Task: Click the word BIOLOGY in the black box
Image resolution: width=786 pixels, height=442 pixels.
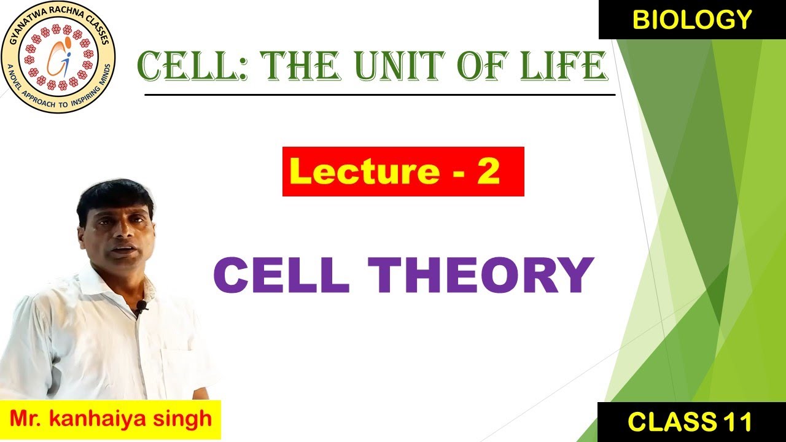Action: click(692, 20)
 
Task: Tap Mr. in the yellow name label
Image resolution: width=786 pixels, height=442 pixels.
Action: click(26, 419)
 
